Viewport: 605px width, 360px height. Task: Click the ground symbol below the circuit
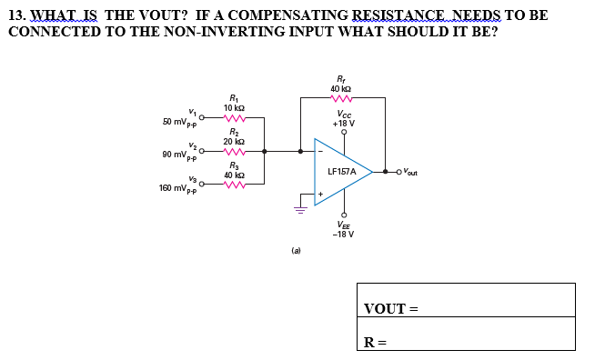(299, 207)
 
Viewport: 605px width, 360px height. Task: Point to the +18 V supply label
(343, 123)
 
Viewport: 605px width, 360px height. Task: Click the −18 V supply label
(343, 234)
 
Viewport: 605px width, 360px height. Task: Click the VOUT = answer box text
(390, 309)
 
